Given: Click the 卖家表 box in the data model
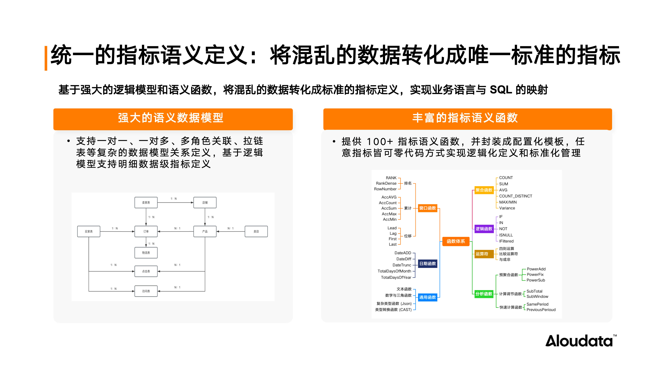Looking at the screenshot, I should coord(146,202).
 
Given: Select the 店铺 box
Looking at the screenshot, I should coord(205,202).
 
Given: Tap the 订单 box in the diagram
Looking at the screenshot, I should coord(146,231).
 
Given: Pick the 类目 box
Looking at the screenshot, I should coord(256,231).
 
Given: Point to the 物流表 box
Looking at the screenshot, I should coord(146,253).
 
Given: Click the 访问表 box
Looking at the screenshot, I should coord(146,291).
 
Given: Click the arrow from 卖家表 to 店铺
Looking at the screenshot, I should coord(175,202).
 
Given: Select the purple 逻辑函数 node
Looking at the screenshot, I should coord(484,229).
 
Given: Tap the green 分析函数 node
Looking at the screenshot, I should coord(484,294).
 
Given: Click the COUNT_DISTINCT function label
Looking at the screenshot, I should coord(515,196).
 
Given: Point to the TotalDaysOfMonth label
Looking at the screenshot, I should coord(394,271).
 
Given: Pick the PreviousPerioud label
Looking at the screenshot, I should coord(541,310).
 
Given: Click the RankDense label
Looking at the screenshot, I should coord(386,183).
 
